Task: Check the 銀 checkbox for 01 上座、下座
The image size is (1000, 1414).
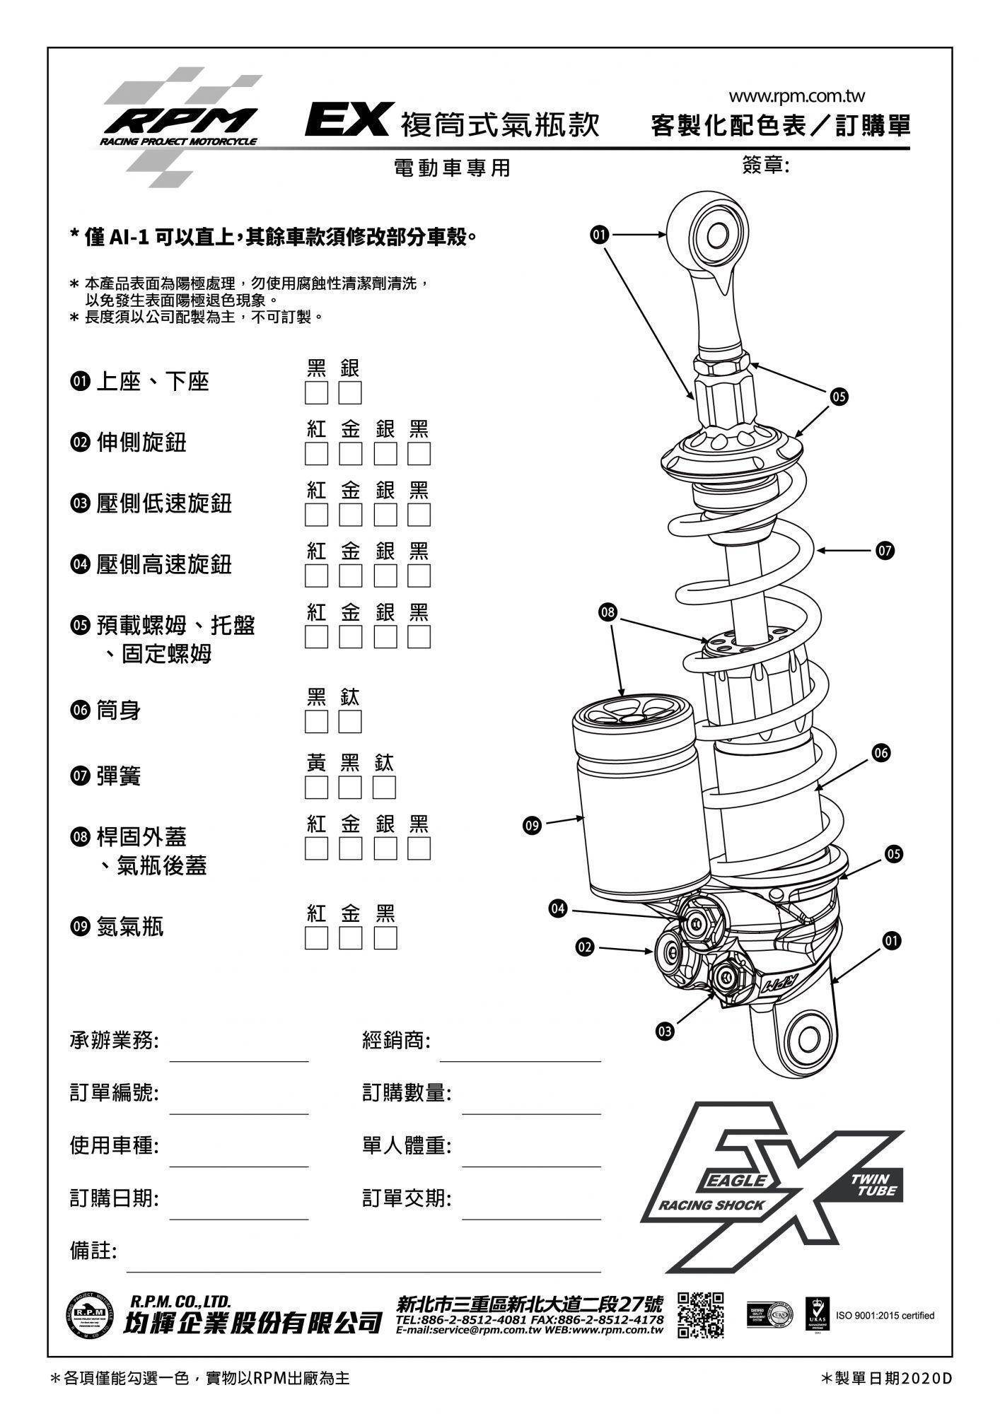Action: (350, 392)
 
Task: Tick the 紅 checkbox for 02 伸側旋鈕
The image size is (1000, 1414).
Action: (316, 454)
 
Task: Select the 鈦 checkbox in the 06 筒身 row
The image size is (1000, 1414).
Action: (350, 722)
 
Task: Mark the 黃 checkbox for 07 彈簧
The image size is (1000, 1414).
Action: (316, 788)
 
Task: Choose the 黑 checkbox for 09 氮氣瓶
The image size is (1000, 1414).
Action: (385, 938)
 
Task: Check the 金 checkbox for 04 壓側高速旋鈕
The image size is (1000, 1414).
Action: (350, 575)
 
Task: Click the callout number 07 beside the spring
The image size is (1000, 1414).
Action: (885, 550)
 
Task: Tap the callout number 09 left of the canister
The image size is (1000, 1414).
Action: (532, 824)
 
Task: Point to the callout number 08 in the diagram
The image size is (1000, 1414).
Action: (607, 612)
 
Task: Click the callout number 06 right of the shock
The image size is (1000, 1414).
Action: (880, 753)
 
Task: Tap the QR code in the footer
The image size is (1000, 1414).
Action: (700, 1316)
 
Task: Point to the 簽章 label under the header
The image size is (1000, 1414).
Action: (765, 165)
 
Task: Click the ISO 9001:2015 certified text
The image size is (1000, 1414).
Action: (885, 1316)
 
